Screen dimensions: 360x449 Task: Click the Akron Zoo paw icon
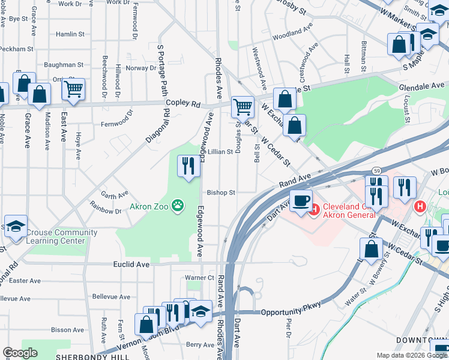click(178, 206)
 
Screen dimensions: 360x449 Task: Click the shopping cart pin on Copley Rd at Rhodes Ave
click(243, 107)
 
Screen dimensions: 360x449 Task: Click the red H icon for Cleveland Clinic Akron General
click(314, 209)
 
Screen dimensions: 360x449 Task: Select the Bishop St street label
click(220, 193)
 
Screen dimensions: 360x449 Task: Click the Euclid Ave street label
click(131, 263)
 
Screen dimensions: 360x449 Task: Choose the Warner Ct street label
click(199, 278)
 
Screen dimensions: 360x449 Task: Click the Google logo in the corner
click(21, 353)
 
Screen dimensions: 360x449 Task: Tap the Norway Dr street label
click(141, 68)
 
